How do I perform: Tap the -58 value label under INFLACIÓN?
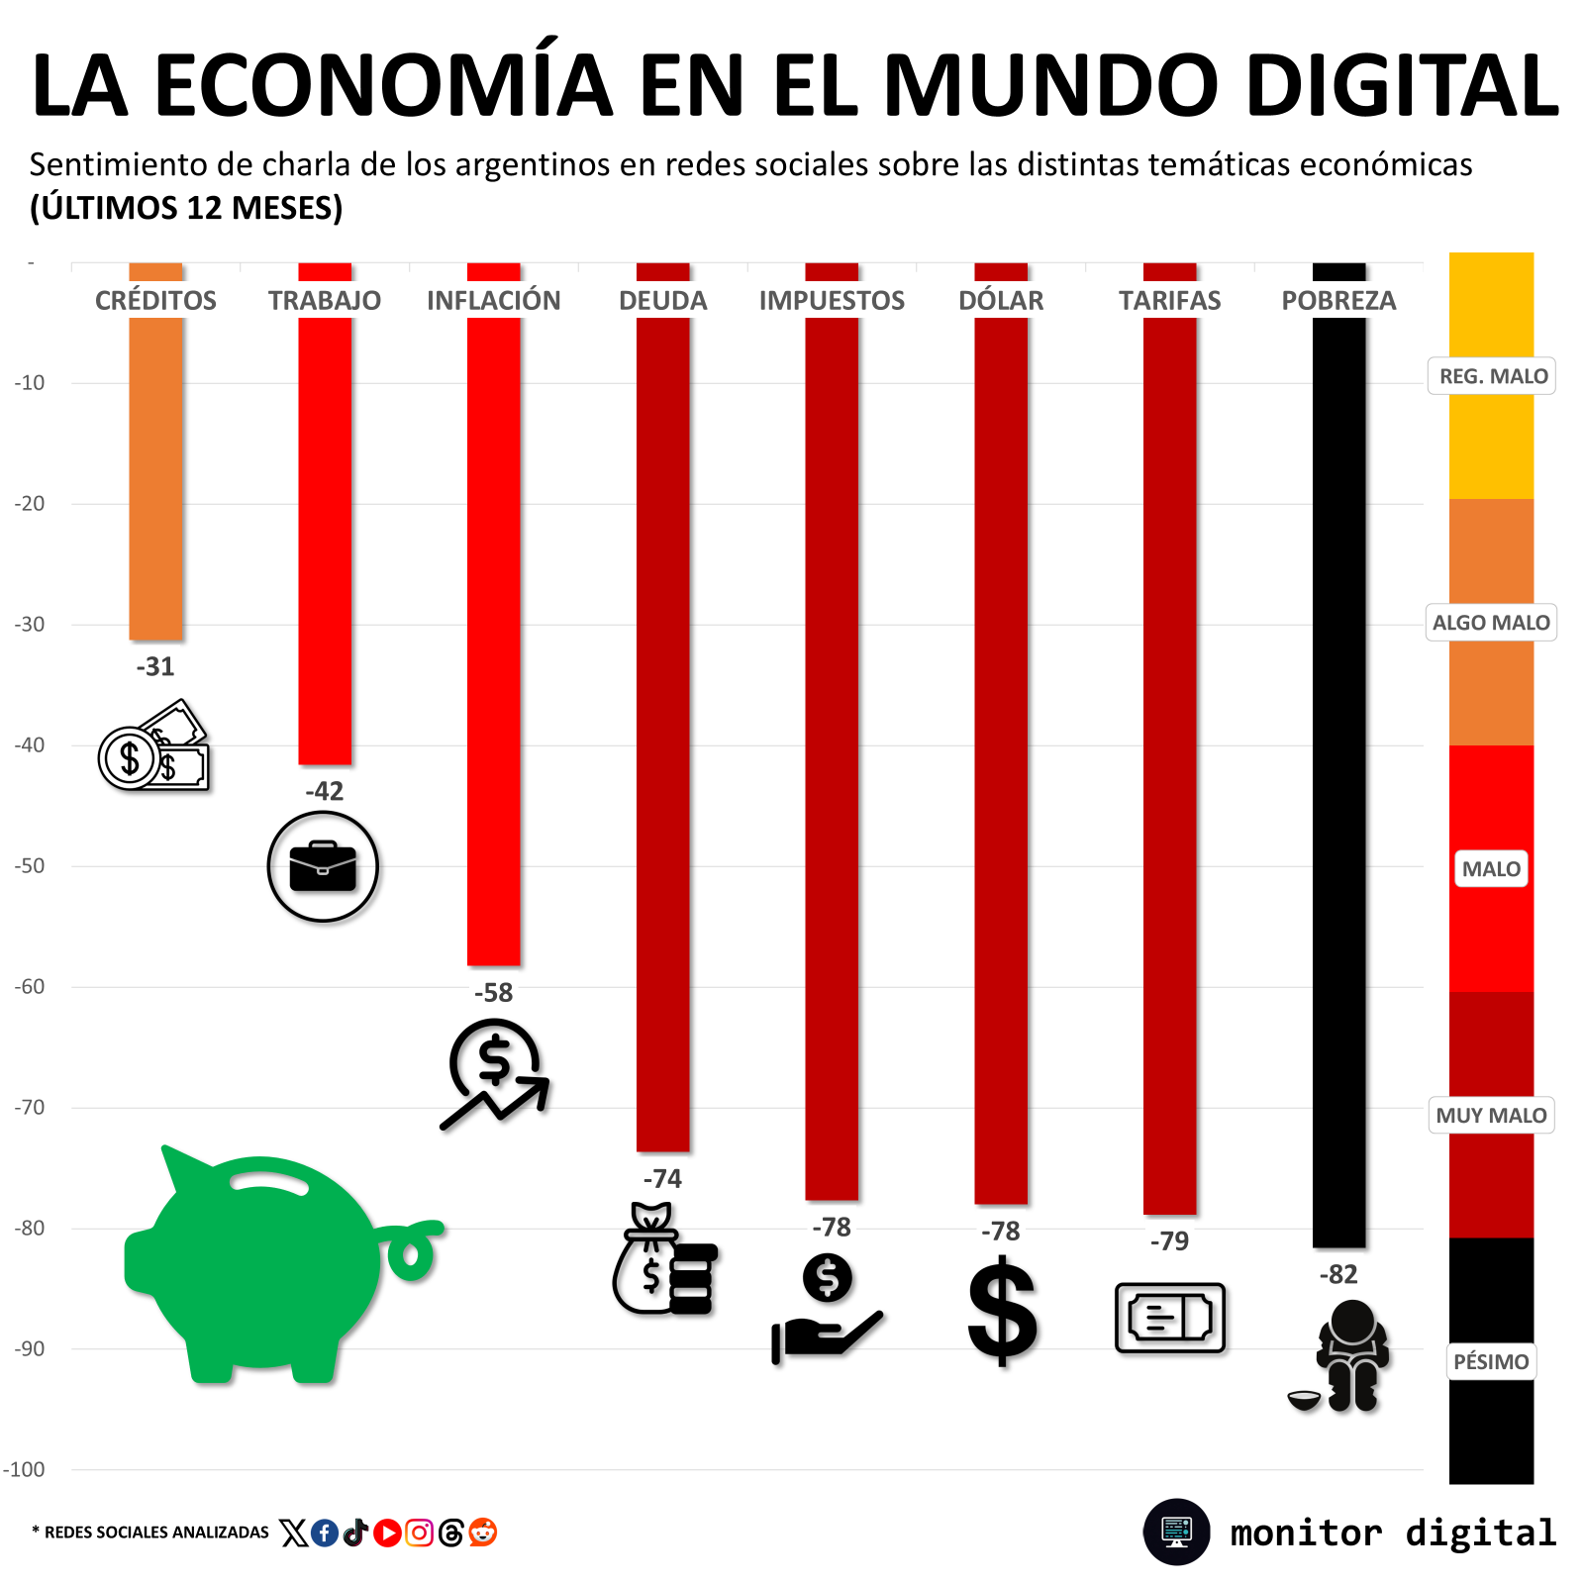493,993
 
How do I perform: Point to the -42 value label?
324,791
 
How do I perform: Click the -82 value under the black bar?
1338,1274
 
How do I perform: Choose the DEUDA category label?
662,301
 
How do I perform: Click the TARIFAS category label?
1169,301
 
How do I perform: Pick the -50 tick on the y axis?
30,866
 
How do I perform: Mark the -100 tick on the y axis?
25,1470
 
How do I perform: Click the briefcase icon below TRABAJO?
323,866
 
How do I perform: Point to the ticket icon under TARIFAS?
1170,1318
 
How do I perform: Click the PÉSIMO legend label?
1491,1361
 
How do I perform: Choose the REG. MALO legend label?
1492,376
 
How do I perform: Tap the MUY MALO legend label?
1491,1115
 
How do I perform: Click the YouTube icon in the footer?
387,1533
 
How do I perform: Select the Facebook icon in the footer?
325,1533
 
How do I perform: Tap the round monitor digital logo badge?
1177,1532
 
